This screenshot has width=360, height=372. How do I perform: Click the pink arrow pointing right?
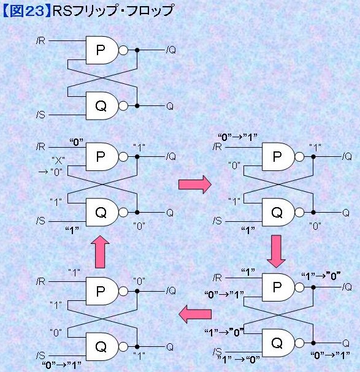(x=195, y=184)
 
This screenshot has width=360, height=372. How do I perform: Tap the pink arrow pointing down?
(x=276, y=251)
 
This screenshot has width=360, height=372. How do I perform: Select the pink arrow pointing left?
(x=195, y=314)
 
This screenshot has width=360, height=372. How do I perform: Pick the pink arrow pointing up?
(x=100, y=252)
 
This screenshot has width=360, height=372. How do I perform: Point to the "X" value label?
(x=58, y=161)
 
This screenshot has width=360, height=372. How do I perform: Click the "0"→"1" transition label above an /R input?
(x=238, y=137)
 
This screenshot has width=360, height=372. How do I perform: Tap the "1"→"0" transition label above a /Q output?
(x=321, y=276)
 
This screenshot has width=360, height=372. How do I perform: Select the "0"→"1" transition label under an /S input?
(x=61, y=365)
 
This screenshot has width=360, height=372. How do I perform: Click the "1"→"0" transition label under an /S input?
(x=239, y=360)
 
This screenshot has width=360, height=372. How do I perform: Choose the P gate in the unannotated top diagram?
(x=102, y=50)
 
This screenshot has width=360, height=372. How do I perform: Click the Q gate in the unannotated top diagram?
(x=102, y=106)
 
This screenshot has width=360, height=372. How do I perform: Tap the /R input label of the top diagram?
(x=40, y=41)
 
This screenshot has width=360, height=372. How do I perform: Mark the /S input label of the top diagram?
(x=40, y=115)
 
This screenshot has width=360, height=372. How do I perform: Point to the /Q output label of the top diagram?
(x=171, y=50)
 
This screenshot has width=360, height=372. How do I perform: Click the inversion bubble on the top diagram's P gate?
(x=123, y=50)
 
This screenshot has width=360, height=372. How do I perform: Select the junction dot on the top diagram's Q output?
(x=137, y=106)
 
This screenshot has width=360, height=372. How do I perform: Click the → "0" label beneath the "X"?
(x=50, y=172)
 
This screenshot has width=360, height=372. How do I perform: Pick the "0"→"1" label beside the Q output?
(x=331, y=355)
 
